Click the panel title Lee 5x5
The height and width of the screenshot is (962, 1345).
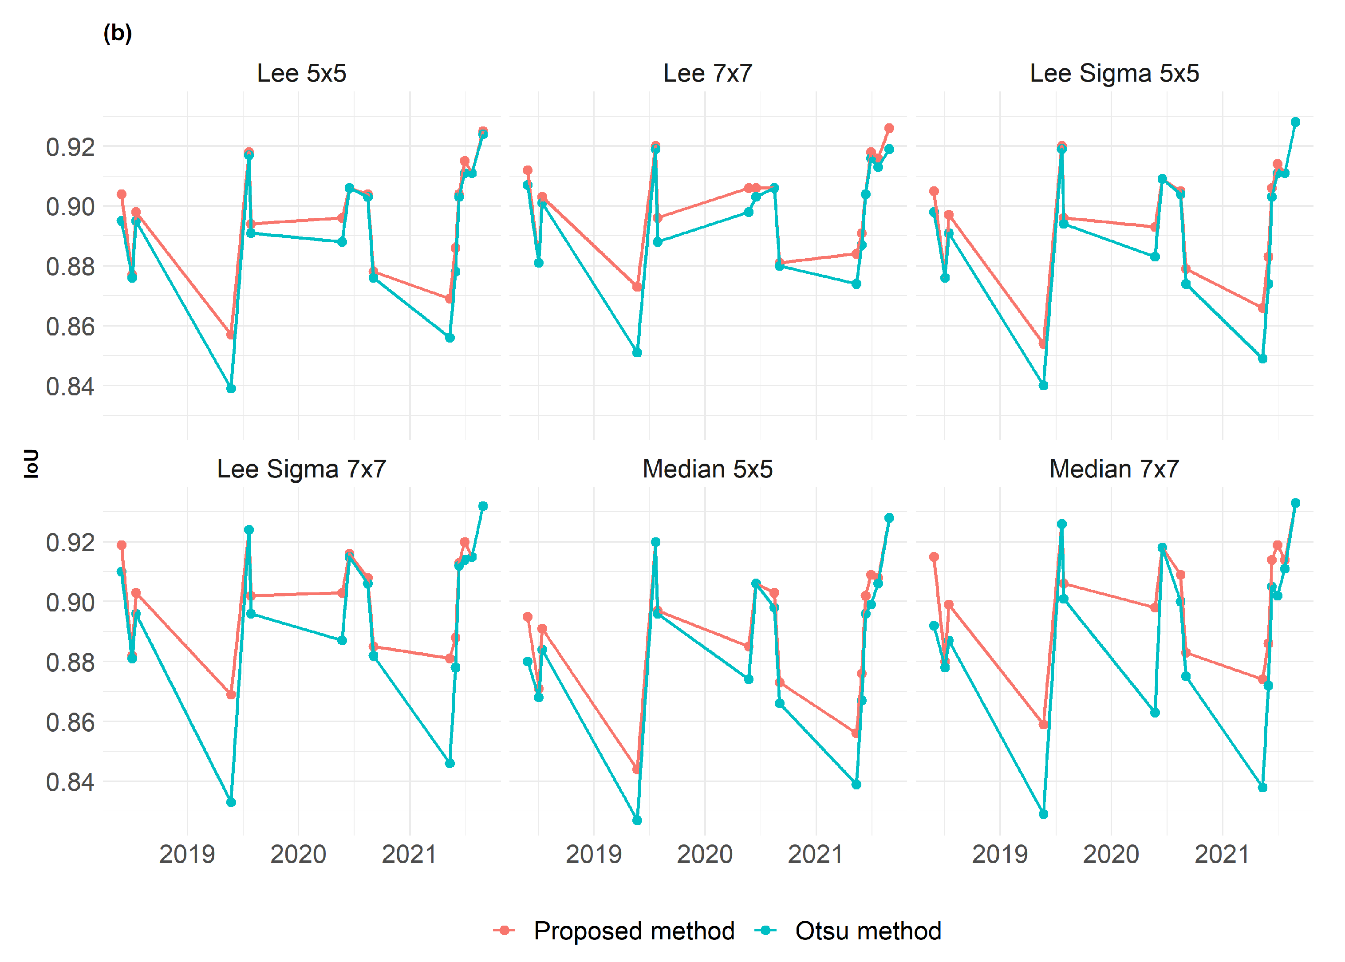(301, 74)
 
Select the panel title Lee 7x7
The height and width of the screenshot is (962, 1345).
(707, 74)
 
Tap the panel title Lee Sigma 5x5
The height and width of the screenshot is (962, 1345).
(1114, 74)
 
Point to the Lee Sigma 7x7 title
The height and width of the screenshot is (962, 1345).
(301, 469)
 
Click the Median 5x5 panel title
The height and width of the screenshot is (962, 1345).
(707, 469)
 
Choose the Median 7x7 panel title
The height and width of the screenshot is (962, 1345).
(1114, 469)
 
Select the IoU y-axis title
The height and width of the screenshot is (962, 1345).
(31, 463)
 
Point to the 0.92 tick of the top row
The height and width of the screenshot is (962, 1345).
(70, 147)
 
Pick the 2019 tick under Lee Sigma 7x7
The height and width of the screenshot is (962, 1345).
(187, 854)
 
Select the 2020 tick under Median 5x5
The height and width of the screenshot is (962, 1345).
(704, 854)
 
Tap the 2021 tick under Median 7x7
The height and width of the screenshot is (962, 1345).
(1222, 854)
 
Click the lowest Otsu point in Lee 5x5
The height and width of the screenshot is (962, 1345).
(231, 389)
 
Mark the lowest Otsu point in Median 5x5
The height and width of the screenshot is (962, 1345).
(637, 820)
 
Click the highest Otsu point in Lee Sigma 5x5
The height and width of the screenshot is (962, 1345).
(1295, 122)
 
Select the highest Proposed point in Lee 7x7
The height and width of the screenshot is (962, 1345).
(889, 128)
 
